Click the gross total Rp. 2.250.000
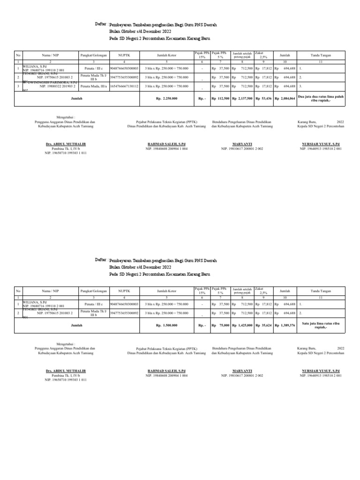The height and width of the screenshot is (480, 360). (x=166, y=98)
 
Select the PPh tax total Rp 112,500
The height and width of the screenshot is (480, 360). (x=220, y=98)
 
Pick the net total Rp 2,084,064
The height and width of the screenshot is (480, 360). (x=285, y=98)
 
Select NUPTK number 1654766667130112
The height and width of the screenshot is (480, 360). (x=124, y=86)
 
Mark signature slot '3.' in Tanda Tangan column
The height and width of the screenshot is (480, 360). (x=300, y=86)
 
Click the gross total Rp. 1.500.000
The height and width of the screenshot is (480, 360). (x=166, y=325)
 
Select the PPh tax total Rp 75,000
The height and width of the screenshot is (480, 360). (x=220, y=325)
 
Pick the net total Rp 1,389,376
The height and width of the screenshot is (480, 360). (x=285, y=325)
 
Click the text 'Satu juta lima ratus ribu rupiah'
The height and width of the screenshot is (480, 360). (x=321, y=325)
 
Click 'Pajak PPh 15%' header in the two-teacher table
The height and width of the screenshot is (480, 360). (x=202, y=291)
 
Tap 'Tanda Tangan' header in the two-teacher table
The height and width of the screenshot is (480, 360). (x=321, y=291)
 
